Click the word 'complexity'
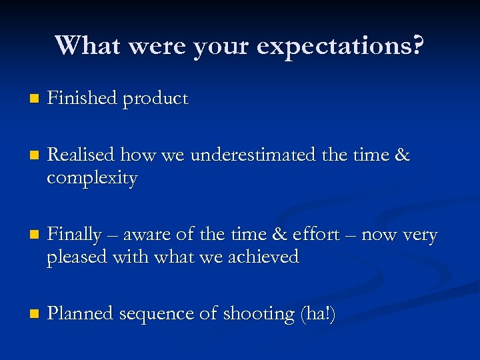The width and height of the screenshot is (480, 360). pos(92,179)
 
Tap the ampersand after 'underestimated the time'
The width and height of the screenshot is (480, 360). pos(402,155)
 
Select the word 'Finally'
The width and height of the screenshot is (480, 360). pos(75,235)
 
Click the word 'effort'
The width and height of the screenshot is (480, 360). pos(316,235)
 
